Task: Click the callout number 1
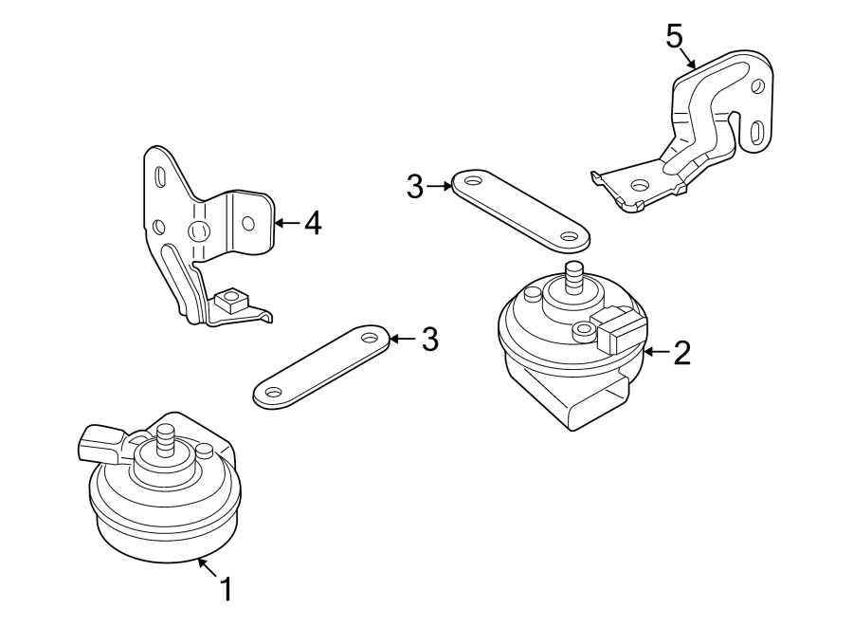click(226, 589)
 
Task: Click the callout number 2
click(681, 353)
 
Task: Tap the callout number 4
click(312, 224)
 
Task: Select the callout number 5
click(674, 37)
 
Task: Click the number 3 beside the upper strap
click(415, 187)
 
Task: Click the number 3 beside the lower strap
click(429, 339)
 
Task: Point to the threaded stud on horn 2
click(573, 279)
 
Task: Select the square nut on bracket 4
click(228, 303)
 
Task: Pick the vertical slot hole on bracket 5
click(756, 131)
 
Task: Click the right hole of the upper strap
click(569, 237)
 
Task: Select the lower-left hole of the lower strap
click(273, 392)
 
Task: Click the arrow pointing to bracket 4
click(285, 224)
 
